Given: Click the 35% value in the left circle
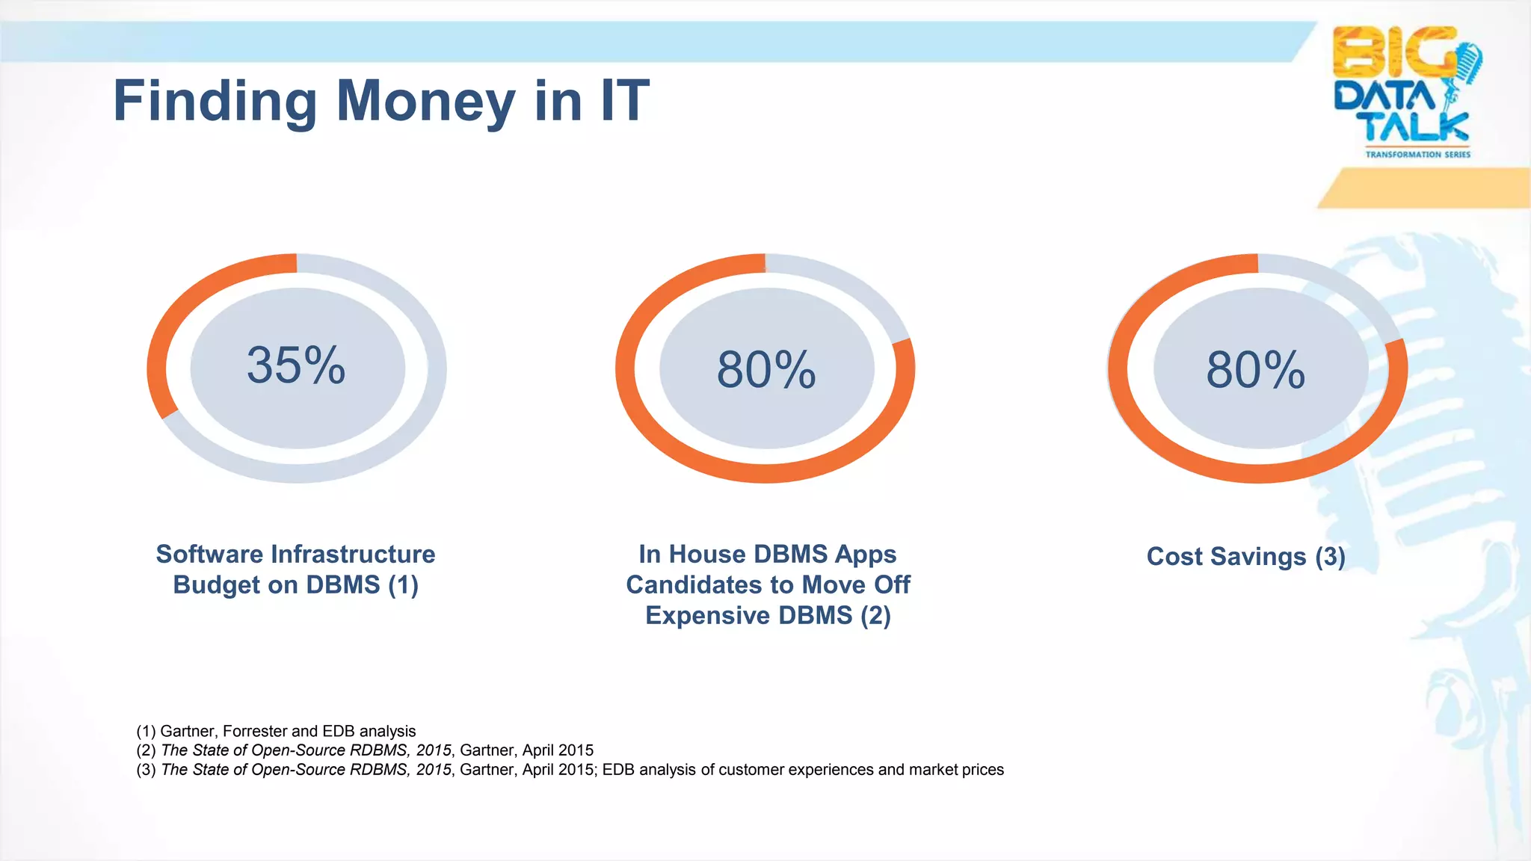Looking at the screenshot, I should click(296, 365).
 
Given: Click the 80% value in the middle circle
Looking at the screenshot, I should click(766, 369).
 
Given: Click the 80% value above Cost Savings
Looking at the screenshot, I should click(1256, 369).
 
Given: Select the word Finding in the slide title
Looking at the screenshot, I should click(215, 102).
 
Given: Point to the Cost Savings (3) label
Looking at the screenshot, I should click(1245, 557).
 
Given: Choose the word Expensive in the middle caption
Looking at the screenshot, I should click(707, 616).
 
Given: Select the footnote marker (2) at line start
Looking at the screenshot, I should click(146, 750).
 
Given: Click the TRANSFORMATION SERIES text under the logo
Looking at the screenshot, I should click(1417, 155).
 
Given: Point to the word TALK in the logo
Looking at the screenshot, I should click(1415, 126).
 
